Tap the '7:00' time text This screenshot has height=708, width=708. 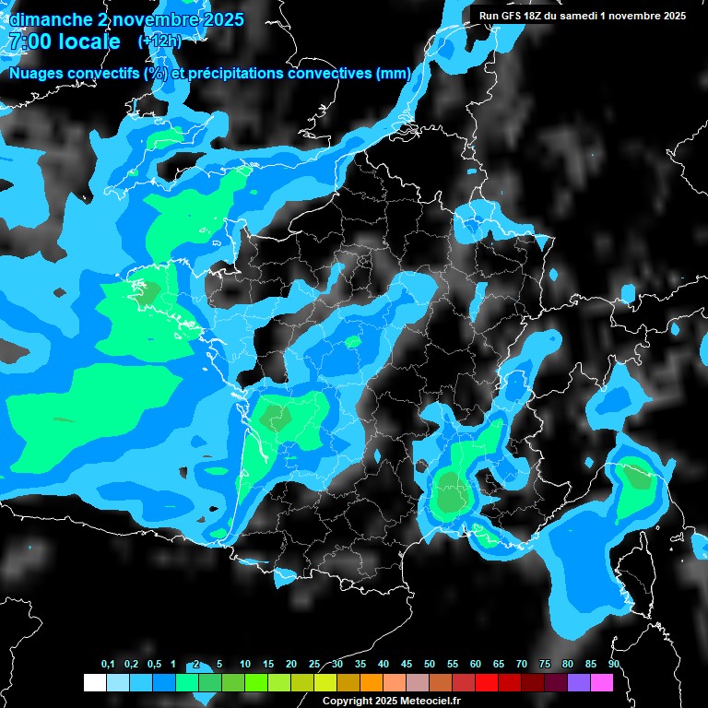point(28,41)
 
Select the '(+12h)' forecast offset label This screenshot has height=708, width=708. point(159,41)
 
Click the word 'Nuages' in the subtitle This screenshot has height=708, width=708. point(37,73)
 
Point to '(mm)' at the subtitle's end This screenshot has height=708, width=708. point(391,73)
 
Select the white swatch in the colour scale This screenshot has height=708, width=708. point(94,682)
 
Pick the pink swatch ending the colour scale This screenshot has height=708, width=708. point(602,682)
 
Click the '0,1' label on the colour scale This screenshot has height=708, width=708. point(108,665)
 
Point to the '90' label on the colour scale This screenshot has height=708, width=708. point(614,665)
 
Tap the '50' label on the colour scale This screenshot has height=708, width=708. point(430,665)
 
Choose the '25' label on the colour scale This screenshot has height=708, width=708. point(314,665)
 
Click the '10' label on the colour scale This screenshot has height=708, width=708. point(245,665)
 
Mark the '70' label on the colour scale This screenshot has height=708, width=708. point(522,665)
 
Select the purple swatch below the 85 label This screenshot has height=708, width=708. point(579,682)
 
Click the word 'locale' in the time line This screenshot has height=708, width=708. point(88,41)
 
